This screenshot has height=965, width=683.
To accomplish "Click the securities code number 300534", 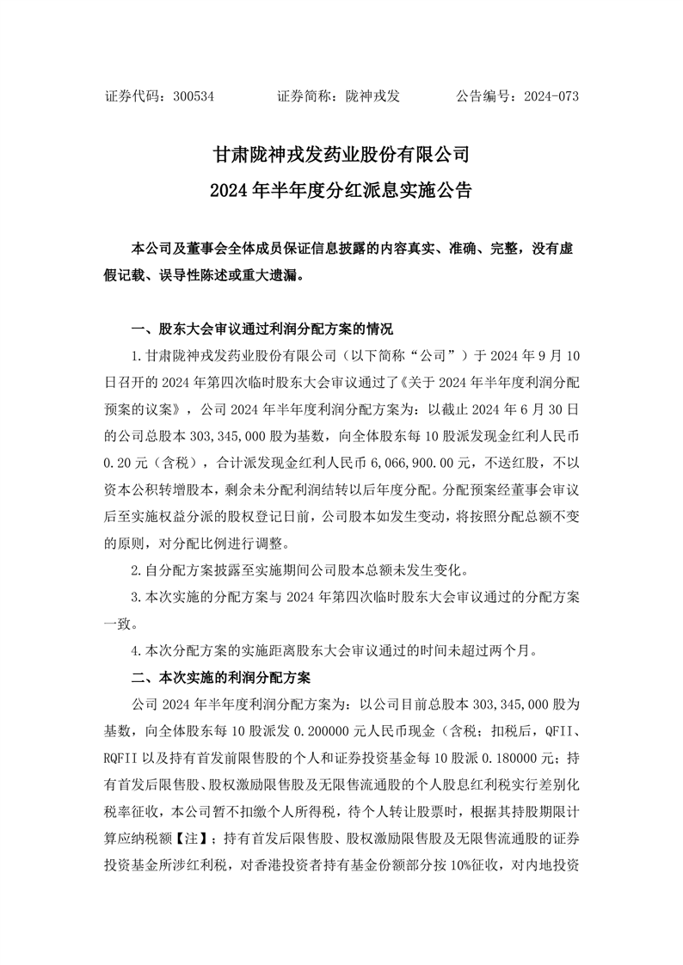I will coord(193,96).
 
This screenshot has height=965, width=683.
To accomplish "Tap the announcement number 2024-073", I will coord(551,96).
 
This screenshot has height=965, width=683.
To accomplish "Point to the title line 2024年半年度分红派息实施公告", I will coord(341,190).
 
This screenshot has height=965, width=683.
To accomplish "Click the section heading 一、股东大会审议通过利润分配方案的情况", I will coord(262,329).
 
